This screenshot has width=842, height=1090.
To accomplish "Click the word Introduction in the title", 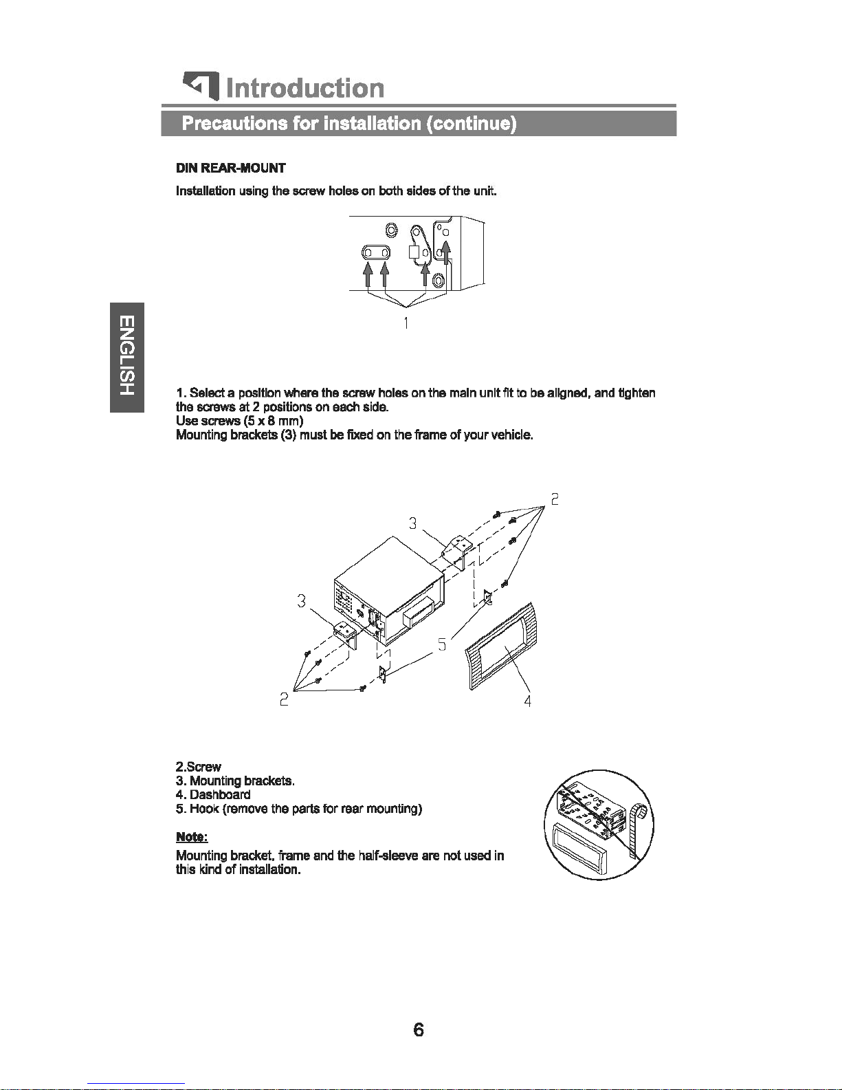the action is [x=305, y=88].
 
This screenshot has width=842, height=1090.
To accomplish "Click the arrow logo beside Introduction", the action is [x=201, y=86].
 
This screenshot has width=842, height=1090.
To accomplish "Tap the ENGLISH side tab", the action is [x=127, y=357].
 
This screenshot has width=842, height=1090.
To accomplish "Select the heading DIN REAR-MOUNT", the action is [x=230, y=168].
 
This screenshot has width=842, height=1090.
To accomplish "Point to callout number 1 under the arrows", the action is [x=406, y=323].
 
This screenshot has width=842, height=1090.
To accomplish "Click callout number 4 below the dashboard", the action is [x=527, y=701].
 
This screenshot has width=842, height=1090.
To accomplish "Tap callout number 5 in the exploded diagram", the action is [x=441, y=644].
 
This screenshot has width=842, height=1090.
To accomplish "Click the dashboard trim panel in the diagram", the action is [x=501, y=646].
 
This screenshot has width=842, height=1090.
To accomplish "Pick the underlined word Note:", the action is [x=192, y=837].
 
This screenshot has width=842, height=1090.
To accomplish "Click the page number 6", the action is [x=419, y=1029].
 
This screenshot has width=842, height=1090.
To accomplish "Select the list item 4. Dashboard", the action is [x=213, y=794].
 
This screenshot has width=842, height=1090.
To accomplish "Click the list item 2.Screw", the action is [x=199, y=767].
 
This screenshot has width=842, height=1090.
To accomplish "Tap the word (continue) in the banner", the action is [x=471, y=123].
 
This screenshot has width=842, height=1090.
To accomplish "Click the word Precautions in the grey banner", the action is [x=234, y=123].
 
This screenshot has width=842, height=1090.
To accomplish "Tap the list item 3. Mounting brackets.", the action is [x=235, y=781].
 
